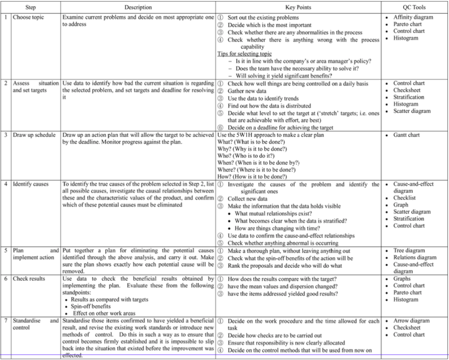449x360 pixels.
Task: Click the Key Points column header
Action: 298,7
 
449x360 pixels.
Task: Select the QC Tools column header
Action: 414,7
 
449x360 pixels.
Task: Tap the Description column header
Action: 138,7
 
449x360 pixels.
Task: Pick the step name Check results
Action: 29,278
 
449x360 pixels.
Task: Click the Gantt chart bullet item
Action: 406,135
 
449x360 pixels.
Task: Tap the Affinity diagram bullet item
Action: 413,18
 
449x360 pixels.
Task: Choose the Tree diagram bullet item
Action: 409,251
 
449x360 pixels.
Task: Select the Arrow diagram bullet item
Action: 411,321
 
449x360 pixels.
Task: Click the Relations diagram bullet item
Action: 414,258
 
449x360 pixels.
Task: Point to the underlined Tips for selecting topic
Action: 244,54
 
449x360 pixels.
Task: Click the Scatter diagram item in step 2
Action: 412,111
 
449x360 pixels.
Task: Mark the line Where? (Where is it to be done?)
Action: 257,170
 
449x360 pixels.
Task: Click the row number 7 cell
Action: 6,321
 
